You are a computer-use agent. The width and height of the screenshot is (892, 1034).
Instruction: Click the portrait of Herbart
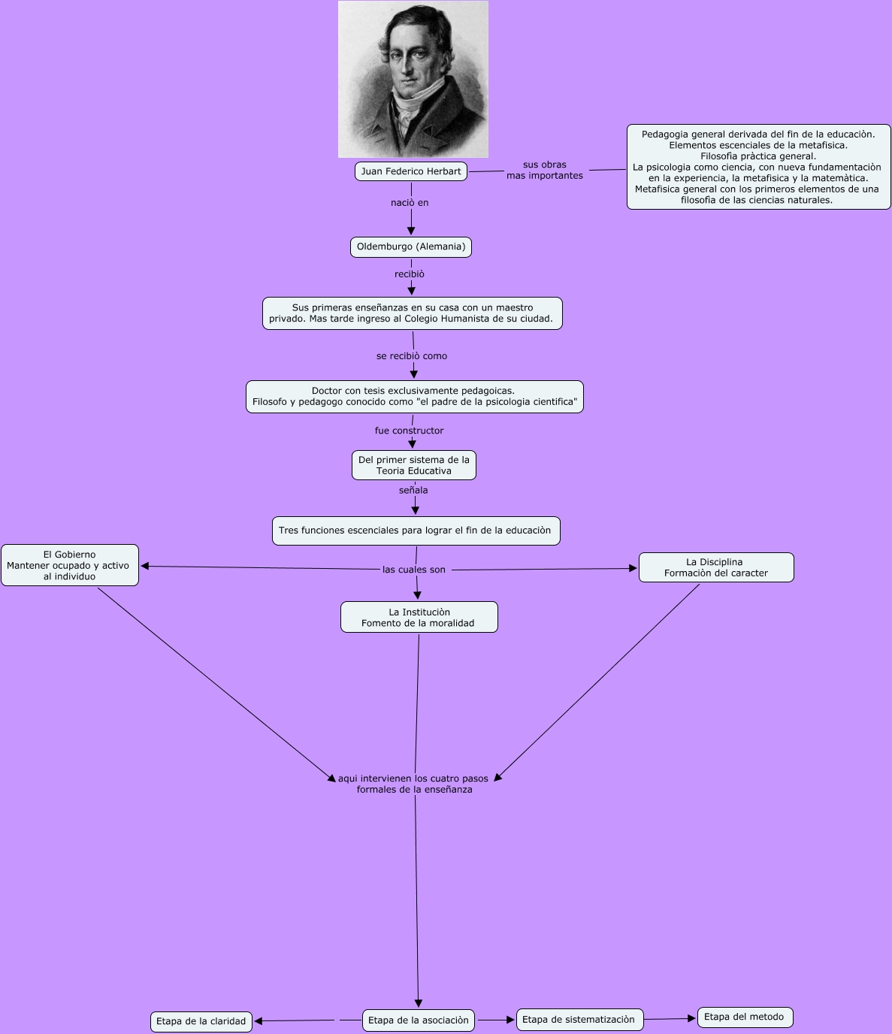tap(413, 79)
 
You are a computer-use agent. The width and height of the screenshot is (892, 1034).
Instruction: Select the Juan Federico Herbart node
tap(411, 171)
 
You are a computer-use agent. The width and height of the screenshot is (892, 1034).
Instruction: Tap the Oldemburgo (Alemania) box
tap(411, 247)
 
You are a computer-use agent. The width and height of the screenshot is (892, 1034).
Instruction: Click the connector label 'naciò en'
tap(410, 203)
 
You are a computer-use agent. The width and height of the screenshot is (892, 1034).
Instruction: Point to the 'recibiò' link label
tap(410, 274)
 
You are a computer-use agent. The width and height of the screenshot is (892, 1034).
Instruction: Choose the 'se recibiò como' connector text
tap(412, 356)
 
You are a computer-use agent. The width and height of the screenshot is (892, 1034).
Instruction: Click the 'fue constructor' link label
tap(410, 431)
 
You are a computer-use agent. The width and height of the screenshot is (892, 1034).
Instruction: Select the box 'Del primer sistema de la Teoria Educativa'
tap(414, 465)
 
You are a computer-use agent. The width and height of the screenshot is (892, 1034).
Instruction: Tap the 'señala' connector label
tap(413, 491)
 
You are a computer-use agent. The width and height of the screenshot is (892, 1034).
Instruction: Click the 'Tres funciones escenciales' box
tap(415, 531)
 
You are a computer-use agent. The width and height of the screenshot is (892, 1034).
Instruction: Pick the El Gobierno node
tap(69, 565)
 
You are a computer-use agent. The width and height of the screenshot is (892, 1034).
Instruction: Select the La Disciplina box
tap(715, 567)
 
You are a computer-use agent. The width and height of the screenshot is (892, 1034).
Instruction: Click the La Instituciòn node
tap(419, 617)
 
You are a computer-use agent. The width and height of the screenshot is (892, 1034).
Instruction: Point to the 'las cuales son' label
tap(414, 570)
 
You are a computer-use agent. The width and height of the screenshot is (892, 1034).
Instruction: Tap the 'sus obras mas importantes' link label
tap(545, 171)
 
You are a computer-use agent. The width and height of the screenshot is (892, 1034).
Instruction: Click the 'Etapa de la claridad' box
tap(201, 1021)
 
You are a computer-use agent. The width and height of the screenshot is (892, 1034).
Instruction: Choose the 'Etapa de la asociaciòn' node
tap(419, 1020)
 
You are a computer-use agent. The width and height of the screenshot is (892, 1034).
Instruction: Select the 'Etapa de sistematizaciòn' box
tap(579, 1020)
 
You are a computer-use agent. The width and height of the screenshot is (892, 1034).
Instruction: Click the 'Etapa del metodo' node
tap(744, 1017)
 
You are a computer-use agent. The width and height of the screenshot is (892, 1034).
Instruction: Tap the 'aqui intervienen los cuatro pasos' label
tap(414, 784)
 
